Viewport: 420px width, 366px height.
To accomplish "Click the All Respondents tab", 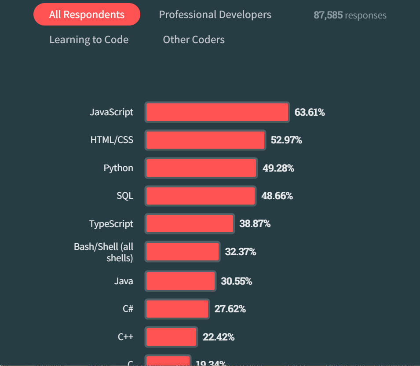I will (87, 15).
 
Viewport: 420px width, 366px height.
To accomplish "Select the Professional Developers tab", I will (215, 15).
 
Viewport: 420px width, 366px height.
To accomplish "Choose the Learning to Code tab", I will (89, 40).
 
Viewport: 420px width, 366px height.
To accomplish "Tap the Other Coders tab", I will (194, 40).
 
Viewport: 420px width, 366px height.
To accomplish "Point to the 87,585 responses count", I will (350, 15).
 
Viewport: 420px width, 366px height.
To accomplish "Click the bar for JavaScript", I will (217, 112).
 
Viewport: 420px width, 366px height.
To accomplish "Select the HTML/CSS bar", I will (205, 140).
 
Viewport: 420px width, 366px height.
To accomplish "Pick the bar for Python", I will (201, 168).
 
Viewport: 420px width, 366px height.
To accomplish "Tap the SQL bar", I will (200, 196).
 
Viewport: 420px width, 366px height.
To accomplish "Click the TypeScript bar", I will (190, 224).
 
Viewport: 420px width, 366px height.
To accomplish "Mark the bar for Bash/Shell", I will (183, 252).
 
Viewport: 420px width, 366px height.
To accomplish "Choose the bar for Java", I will (180, 281).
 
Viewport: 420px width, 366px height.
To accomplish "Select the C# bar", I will (177, 309).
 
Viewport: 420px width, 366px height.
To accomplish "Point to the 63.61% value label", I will (310, 112).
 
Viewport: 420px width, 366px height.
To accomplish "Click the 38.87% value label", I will (255, 224).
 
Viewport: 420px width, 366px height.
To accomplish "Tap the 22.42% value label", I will (219, 337).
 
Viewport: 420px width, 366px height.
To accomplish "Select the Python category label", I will (118, 168).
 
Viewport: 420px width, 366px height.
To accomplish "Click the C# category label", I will (128, 309).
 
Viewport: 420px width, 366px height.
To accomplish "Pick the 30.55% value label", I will (236, 281).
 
